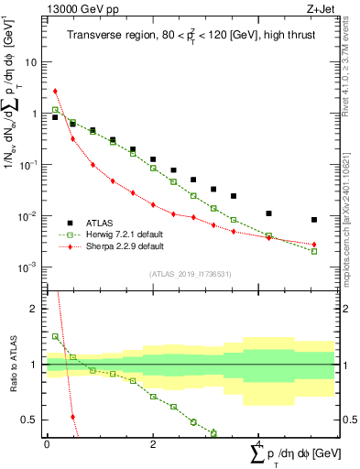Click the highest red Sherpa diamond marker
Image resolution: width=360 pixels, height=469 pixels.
tap(56, 92)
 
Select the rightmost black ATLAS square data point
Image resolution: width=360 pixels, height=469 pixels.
tap(314, 220)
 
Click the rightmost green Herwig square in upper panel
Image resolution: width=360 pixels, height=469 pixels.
tap(314, 251)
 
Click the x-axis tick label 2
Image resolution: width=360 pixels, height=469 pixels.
tap(153, 443)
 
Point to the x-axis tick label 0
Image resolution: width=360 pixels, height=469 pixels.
tap(47, 443)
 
